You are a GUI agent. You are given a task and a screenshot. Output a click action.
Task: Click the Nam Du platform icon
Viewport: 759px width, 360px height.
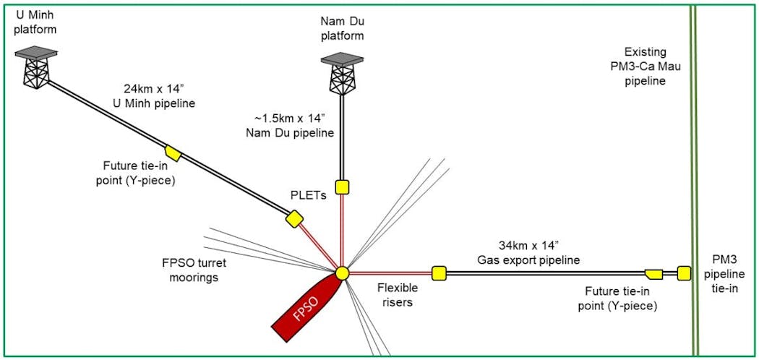click(343, 72)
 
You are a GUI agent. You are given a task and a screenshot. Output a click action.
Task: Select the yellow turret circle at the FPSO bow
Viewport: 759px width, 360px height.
click(343, 273)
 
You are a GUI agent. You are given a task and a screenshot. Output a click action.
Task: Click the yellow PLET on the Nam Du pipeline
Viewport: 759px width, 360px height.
click(343, 187)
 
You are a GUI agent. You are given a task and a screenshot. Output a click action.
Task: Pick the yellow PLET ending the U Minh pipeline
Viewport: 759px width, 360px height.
click(294, 218)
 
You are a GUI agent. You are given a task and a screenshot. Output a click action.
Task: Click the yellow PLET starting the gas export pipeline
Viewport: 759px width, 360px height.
click(439, 273)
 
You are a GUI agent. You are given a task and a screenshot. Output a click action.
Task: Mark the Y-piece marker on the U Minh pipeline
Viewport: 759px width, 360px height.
click(173, 153)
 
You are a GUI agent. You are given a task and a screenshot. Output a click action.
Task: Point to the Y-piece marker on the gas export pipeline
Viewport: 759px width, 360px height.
click(653, 273)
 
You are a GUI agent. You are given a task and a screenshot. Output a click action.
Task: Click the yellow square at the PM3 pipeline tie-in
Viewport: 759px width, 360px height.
click(684, 273)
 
